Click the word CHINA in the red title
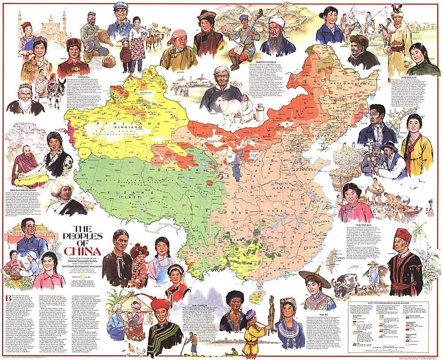(x=84, y=247)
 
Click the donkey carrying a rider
(x=57, y=89)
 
